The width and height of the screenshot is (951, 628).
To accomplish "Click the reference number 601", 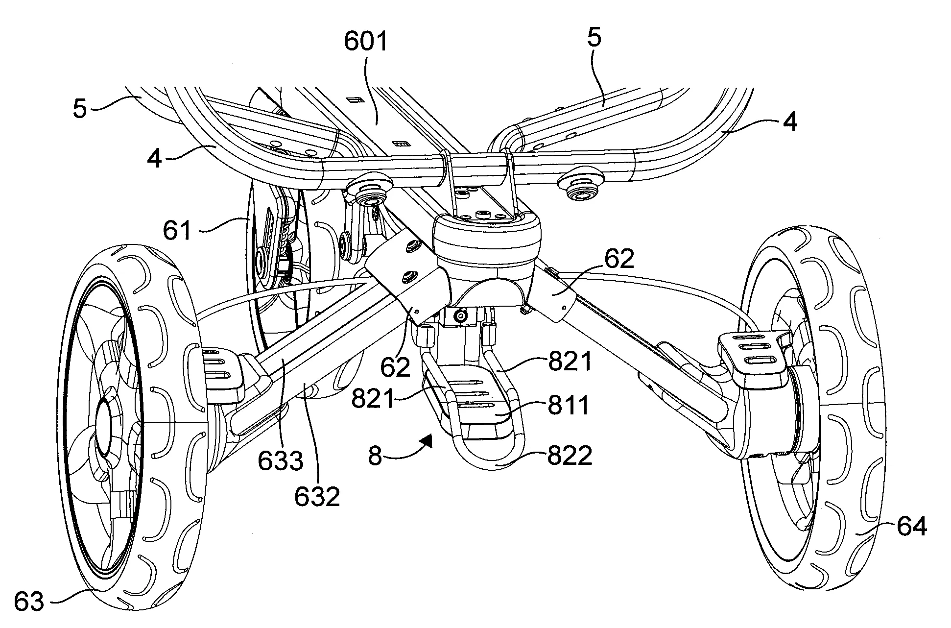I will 366,42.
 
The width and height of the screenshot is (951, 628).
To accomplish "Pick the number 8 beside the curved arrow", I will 375,457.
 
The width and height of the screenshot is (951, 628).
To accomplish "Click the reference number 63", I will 29,601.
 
